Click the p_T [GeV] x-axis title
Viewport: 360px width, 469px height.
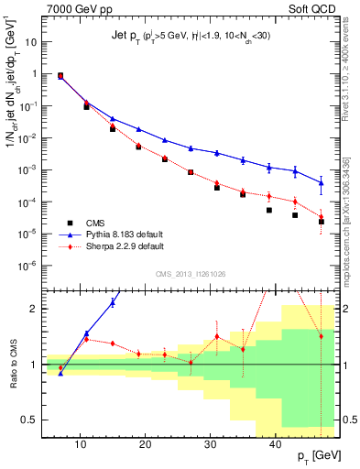[312, 455]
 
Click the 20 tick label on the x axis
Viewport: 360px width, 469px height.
[145, 443]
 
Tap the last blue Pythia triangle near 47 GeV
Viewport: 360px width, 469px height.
[322, 183]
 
